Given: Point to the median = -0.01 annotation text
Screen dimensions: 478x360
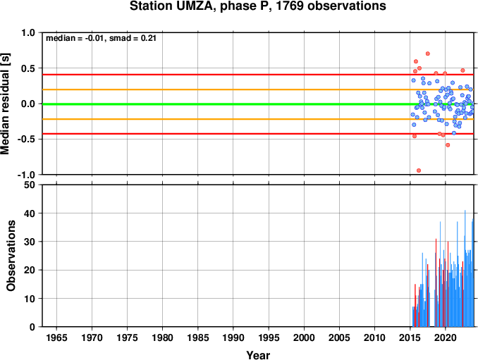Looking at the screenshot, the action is [x=75, y=38].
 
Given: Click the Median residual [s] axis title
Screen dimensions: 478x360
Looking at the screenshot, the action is [x=5, y=104].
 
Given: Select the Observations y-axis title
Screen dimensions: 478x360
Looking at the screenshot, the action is [x=11, y=256].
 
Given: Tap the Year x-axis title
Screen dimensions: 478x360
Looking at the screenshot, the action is [x=258, y=355].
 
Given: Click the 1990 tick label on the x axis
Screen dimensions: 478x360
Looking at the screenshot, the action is [x=233, y=337].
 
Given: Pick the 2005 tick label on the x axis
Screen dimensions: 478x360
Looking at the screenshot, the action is [x=339, y=337].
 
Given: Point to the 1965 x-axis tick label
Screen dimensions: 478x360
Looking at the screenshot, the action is [x=56, y=337].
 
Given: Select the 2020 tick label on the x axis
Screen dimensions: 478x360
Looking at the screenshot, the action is [x=446, y=337].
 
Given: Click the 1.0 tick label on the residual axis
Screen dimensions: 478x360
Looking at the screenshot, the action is [x=28, y=32].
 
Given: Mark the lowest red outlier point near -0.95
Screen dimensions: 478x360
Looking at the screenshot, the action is [x=419, y=170].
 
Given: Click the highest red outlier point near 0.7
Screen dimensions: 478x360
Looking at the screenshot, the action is [x=428, y=54].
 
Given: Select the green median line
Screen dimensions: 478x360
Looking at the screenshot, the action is [x=258, y=104].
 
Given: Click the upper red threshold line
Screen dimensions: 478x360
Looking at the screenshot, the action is [x=258, y=75].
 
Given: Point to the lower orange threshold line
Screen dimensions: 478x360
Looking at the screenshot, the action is [x=258, y=119].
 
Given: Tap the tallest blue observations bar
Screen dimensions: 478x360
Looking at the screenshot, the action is [x=465, y=268].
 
